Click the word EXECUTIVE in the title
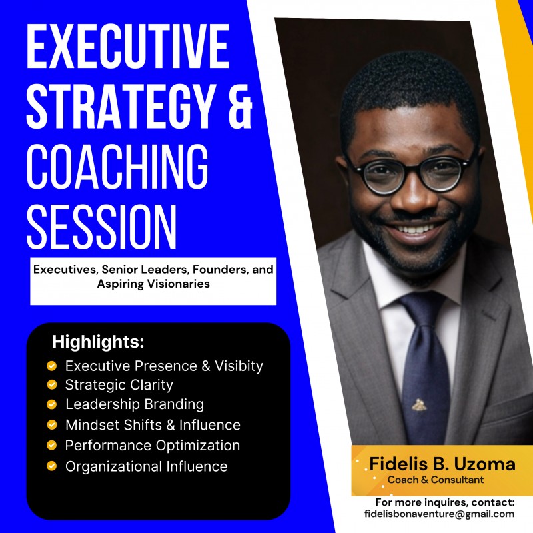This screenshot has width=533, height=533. click(x=127, y=47)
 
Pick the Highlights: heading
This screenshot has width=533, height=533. click(x=98, y=343)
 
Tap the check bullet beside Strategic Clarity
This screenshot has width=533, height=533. click(x=51, y=384)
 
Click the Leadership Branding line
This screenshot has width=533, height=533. click(x=134, y=404)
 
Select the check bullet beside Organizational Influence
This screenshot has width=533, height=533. click(x=51, y=466)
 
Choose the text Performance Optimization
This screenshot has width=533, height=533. click(x=152, y=445)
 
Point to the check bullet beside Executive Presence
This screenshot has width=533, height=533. click(x=51, y=365)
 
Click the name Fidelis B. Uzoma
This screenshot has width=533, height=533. click(x=442, y=464)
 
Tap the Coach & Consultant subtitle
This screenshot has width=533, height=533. click(x=436, y=480)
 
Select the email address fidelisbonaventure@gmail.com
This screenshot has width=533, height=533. click(x=440, y=514)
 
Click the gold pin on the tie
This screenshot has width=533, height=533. click(x=419, y=404)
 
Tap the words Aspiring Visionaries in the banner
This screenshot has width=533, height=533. click(x=153, y=284)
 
